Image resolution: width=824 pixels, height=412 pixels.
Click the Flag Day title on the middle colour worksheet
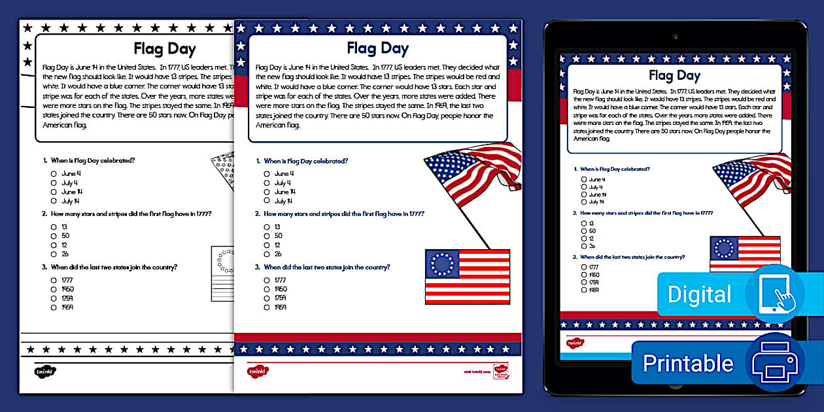(377, 48)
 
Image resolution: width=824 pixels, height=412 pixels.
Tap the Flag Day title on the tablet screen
(674, 76)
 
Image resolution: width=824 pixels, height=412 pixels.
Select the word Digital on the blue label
(698, 294)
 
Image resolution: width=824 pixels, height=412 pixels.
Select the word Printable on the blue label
(688, 363)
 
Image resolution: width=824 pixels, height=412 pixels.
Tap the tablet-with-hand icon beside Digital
(775, 294)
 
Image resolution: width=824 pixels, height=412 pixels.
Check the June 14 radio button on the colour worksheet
(267, 192)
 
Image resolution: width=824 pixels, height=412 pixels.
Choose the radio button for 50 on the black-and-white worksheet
(54, 235)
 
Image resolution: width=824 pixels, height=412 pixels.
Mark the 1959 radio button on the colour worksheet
(267, 307)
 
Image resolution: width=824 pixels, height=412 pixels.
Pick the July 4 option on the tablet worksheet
(584, 187)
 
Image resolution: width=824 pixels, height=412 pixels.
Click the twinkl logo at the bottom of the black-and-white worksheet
(44, 371)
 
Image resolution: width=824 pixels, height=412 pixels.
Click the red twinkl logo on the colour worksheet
(258, 371)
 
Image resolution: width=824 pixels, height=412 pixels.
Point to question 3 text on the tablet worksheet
(632, 257)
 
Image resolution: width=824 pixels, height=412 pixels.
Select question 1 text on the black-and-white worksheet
(93, 160)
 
